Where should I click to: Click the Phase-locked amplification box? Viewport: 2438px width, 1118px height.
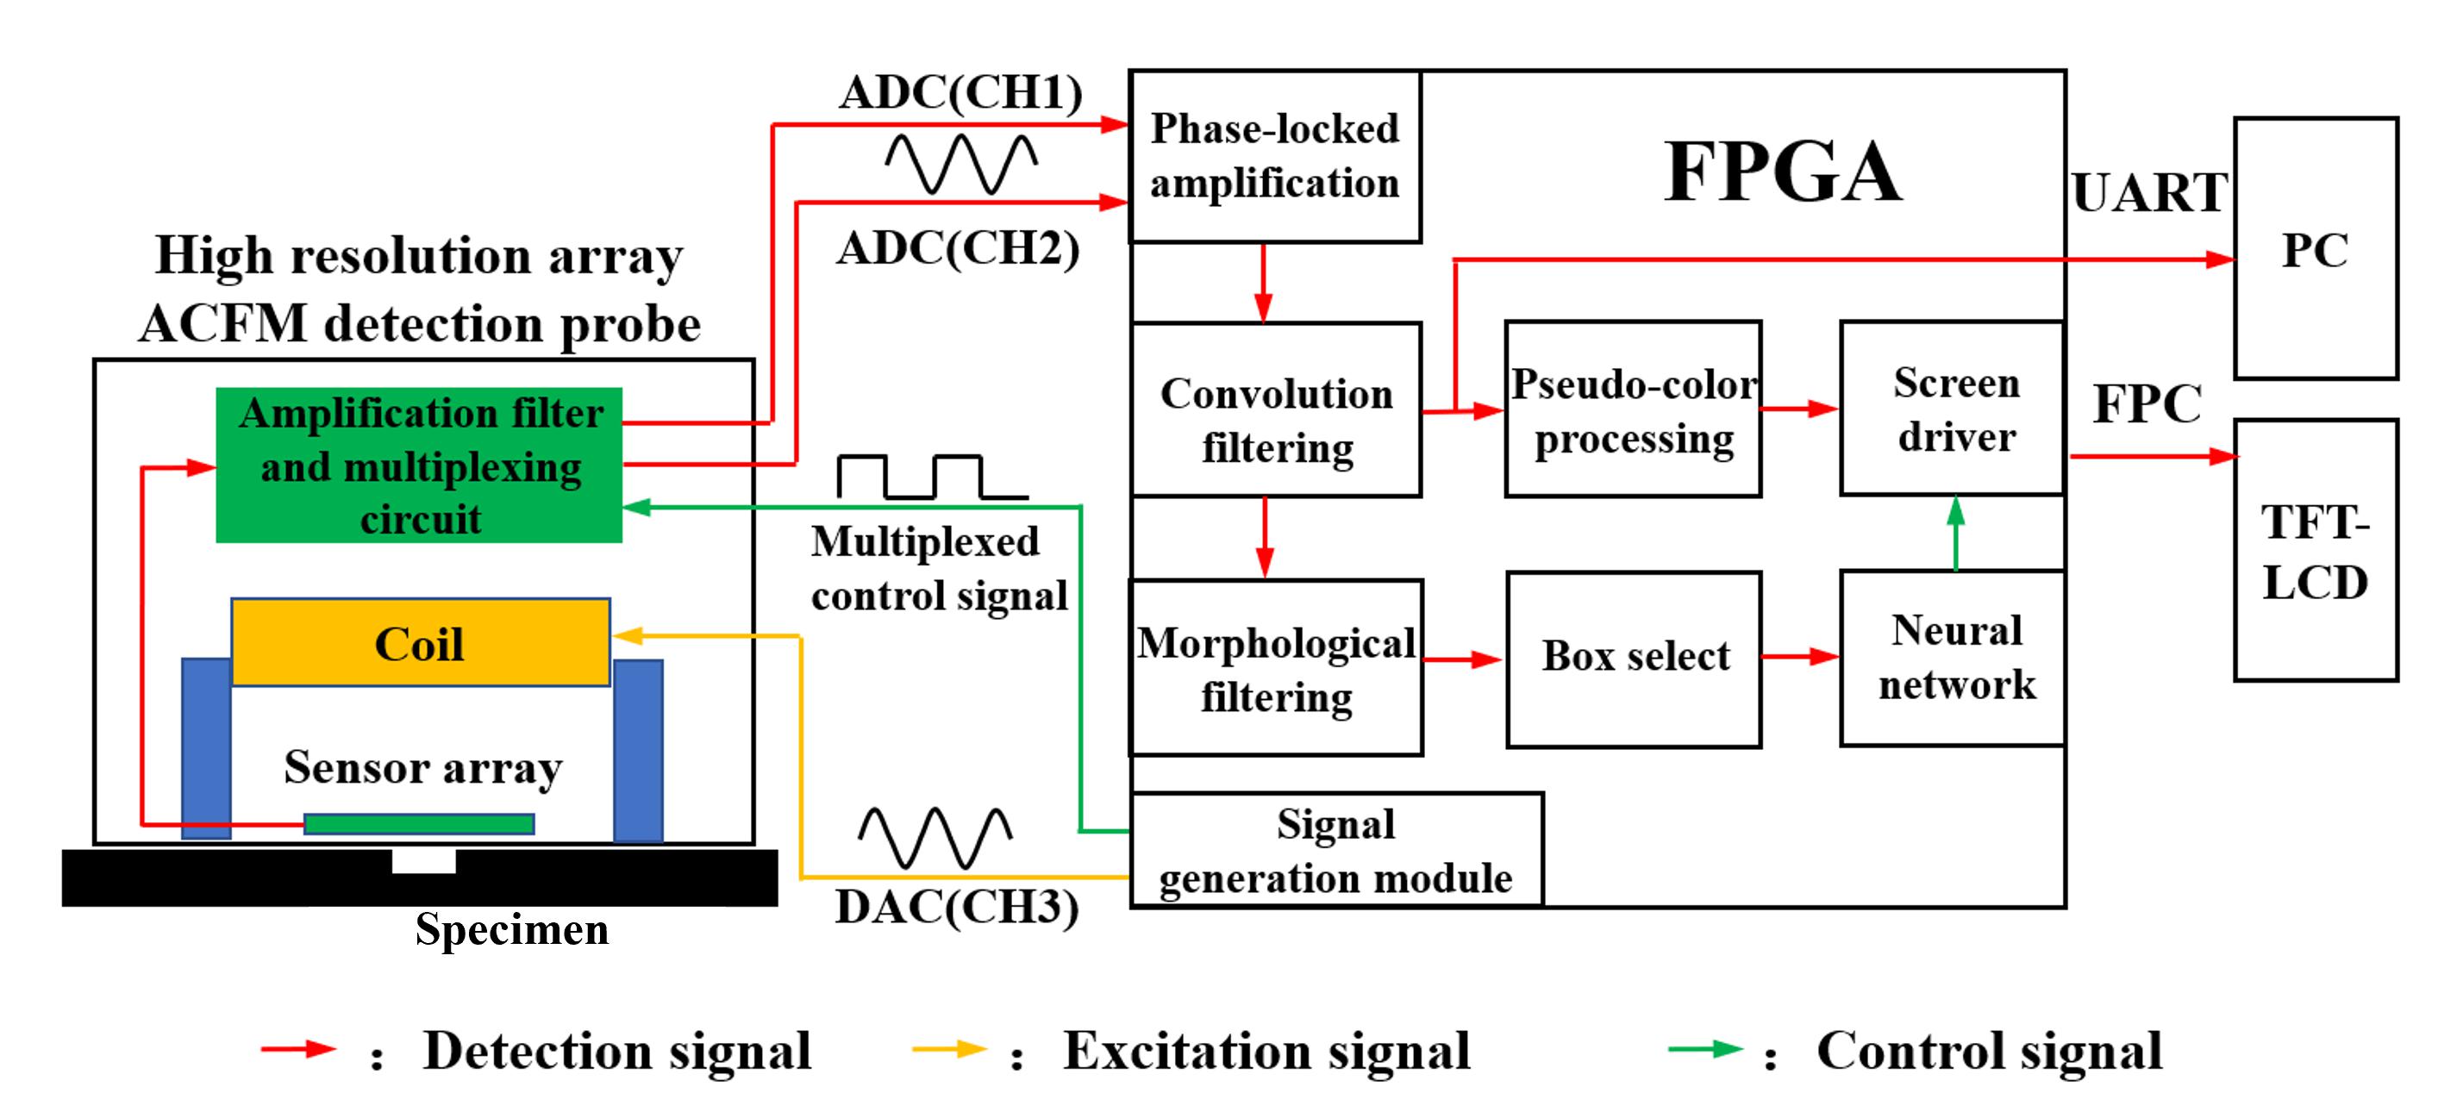point(1275,156)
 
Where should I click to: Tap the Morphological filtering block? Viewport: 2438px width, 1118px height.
point(1276,667)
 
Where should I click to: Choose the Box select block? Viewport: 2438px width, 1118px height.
point(1634,659)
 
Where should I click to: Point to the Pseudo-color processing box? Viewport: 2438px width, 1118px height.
point(1634,409)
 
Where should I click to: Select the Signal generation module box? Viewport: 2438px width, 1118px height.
point(1335,850)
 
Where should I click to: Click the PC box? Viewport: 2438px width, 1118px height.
point(2315,248)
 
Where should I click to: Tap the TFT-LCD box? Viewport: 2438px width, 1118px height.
point(2315,550)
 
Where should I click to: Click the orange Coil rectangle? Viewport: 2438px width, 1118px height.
point(420,643)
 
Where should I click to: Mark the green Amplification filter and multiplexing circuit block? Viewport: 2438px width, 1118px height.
point(419,465)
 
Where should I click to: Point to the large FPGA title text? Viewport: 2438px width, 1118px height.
point(1782,172)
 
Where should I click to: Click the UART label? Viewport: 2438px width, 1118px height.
point(2149,193)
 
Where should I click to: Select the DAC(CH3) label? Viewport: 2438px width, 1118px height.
point(957,907)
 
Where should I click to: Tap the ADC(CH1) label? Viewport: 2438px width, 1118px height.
point(960,93)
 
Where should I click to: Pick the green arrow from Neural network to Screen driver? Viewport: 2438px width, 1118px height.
point(1955,533)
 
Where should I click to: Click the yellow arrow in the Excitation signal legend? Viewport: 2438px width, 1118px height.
point(948,1049)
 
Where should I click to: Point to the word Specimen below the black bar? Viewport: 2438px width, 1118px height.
point(512,929)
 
